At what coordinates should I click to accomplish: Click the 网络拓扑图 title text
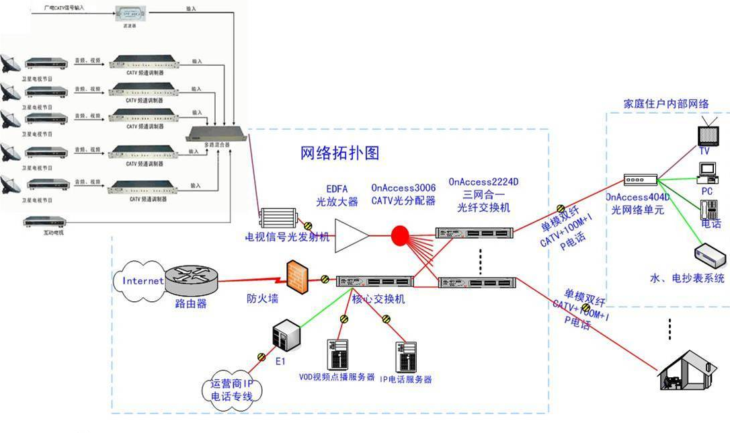(339, 153)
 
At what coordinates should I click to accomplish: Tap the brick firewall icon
(294, 276)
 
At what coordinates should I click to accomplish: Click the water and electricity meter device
(709, 256)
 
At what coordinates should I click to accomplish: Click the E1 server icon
(284, 335)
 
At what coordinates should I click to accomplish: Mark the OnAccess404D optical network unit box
(638, 181)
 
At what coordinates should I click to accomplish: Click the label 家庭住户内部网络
(666, 104)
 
